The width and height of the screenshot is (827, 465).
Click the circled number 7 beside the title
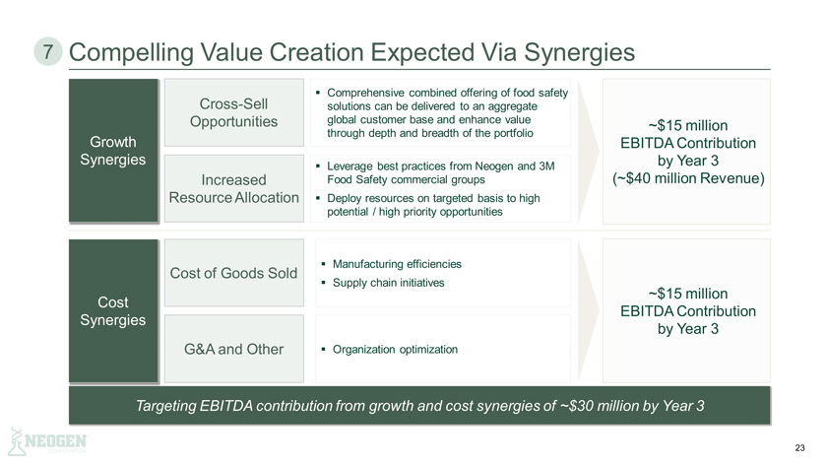(48, 52)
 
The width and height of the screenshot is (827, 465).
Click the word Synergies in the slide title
(579, 53)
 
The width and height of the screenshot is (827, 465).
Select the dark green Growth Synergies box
(113, 151)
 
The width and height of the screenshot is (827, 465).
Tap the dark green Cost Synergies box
(113, 311)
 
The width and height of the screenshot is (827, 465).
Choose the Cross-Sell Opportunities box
(233, 112)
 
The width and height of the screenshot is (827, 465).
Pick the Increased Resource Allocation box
(233, 188)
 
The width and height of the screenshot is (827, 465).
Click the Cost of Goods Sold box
(233, 273)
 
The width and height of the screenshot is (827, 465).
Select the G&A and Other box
(233, 349)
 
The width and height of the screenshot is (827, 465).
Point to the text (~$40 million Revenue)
(688, 178)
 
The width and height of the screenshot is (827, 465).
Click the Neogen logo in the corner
(48, 441)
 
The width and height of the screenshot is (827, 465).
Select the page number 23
(799, 447)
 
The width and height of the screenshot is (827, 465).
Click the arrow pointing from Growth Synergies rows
(589, 152)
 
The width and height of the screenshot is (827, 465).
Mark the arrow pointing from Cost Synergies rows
(589, 311)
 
